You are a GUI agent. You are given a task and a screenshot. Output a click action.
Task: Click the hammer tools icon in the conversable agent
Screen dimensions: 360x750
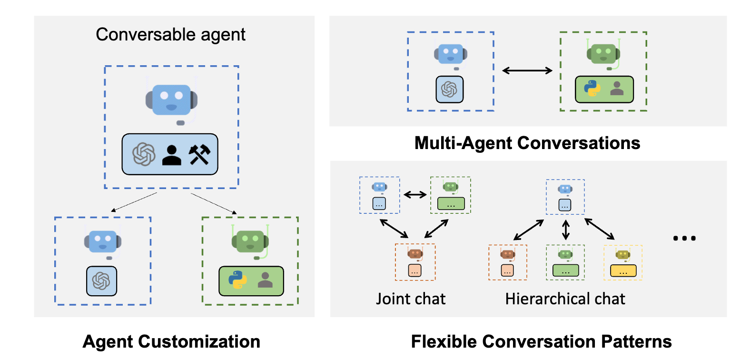[x=199, y=154]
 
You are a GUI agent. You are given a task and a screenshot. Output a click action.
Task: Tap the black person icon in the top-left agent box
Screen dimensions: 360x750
[x=172, y=155]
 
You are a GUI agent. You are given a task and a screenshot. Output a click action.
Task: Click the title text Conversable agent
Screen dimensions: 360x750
[x=170, y=35]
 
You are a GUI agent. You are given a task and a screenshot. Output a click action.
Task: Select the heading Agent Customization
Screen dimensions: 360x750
[x=171, y=341]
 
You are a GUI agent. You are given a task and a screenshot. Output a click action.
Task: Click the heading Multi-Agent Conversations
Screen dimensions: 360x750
[x=527, y=143]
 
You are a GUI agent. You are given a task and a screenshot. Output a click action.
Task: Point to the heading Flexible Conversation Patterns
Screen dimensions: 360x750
[x=541, y=341]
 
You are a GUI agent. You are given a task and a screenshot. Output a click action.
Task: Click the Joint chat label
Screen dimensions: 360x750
[x=411, y=299]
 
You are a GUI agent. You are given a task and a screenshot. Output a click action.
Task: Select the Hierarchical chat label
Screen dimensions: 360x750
[x=565, y=299]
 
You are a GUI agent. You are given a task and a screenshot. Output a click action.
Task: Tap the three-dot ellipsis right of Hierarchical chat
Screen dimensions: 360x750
[x=684, y=238]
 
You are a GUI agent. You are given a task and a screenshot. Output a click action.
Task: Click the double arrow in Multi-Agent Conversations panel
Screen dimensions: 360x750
[x=527, y=71]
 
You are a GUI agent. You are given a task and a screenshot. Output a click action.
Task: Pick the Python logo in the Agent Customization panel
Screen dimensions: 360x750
[x=237, y=280]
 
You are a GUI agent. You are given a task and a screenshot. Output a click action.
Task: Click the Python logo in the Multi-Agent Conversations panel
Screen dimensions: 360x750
[x=592, y=89]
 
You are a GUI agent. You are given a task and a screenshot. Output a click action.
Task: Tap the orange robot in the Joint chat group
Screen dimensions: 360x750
[x=415, y=254]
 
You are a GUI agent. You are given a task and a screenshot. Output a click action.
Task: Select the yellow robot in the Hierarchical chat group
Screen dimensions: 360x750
[x=622, y=255]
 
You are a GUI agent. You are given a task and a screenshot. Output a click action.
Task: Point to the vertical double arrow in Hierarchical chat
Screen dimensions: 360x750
[x=565, y=230]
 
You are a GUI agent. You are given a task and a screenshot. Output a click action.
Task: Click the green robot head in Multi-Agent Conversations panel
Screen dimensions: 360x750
[x=603, y=53]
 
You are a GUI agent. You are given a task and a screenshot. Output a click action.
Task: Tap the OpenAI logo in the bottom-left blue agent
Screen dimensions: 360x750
[x=101, y=281]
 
